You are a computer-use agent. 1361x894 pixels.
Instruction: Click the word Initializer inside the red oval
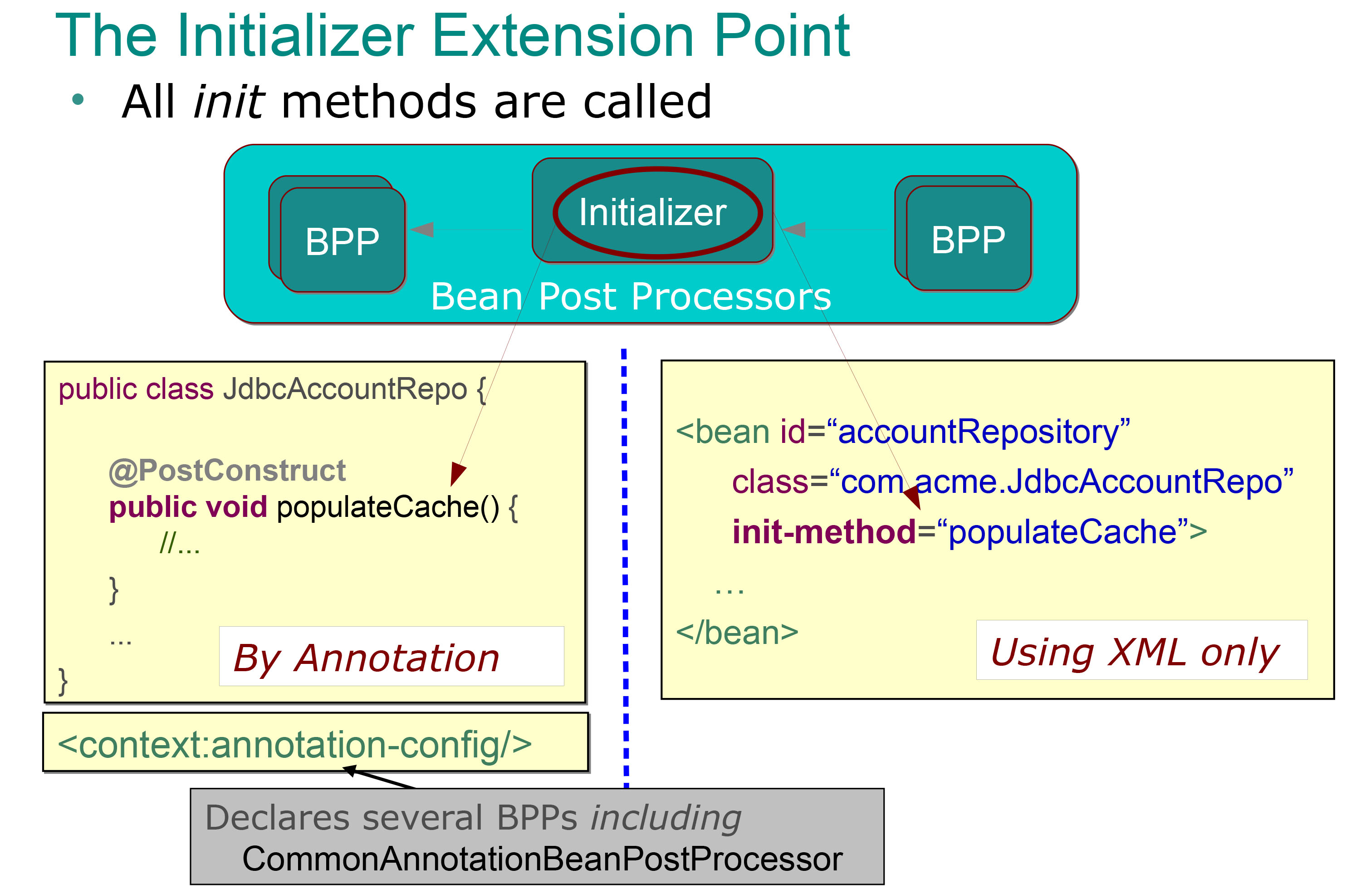click(x=652, y=212)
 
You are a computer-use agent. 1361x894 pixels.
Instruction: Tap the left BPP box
click(x=343, y=240)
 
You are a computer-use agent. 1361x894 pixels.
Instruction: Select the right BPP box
click(x=969, y=239)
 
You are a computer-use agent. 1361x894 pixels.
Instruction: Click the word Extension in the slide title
click(x=563, y=35)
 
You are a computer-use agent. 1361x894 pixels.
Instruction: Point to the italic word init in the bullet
click(x=229, y=101)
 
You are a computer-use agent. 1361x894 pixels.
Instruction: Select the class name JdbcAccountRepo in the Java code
click(x=345, y=389)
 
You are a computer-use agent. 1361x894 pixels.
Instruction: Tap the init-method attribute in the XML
click(x=824, y=532)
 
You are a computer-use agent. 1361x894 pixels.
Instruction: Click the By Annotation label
click(x=367, y=658)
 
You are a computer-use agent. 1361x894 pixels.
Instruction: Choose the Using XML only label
click(x=1135, y=653)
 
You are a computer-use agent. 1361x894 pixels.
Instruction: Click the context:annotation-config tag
click(x=294, y=745)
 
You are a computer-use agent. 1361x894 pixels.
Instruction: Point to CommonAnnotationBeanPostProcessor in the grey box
click(x=542, y=859)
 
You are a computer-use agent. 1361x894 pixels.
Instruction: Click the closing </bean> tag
click(x=737, y=633)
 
